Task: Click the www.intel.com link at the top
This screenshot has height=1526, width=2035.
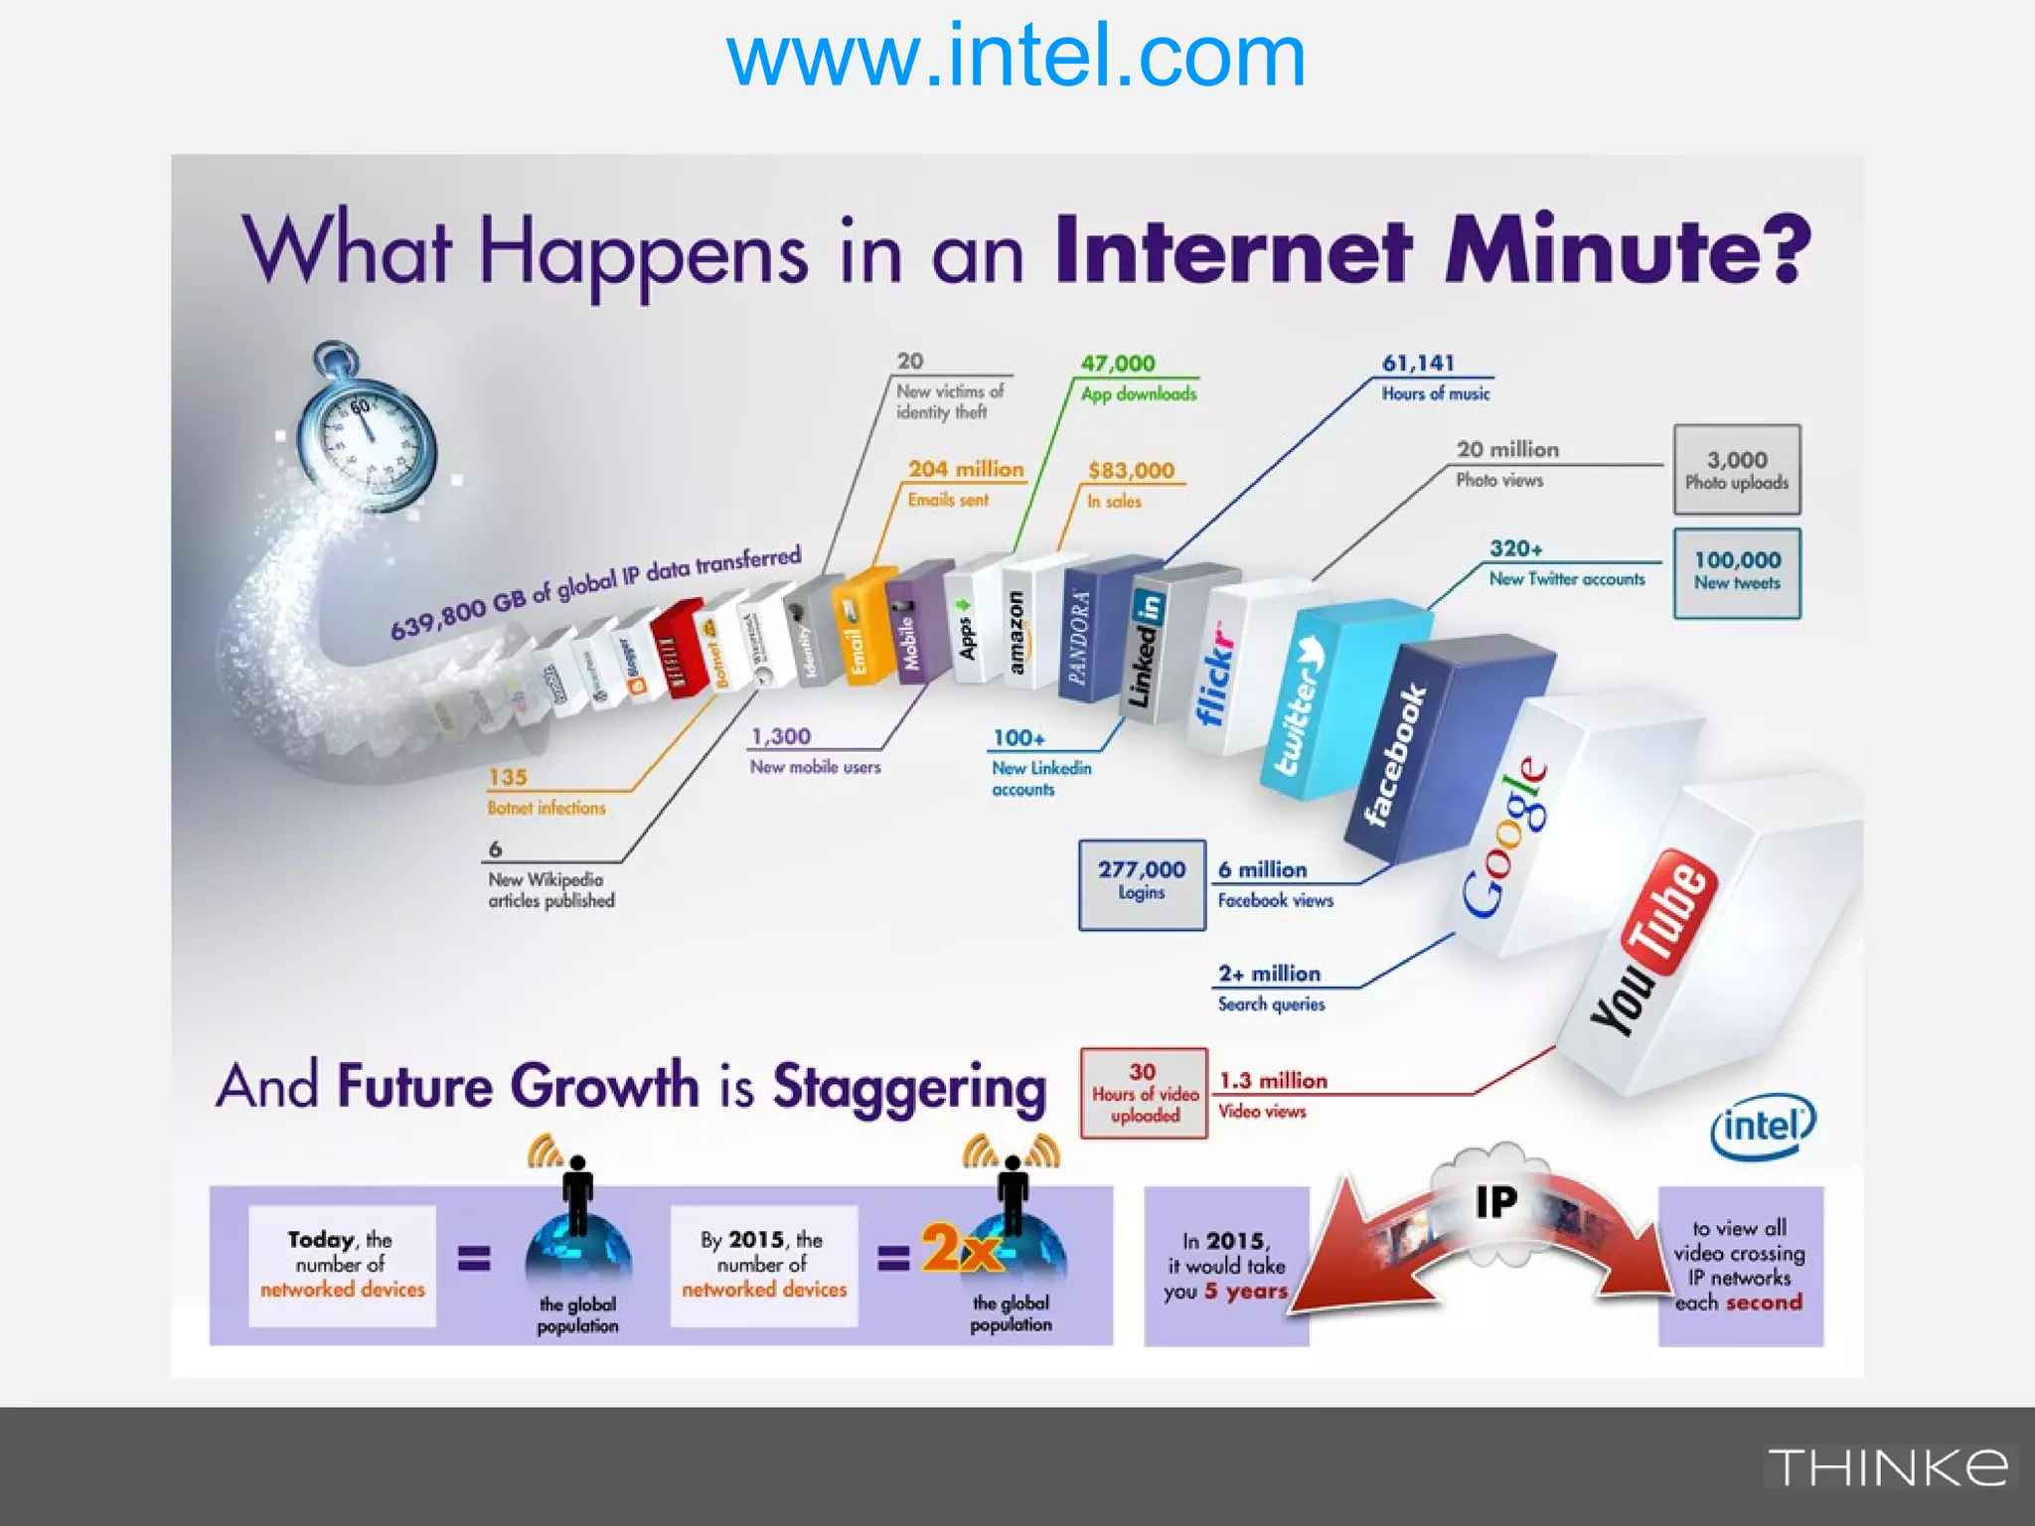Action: pyautogui.click(x=1016, y=58)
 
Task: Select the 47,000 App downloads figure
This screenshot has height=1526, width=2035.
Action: pyautogui.click(x=1118, y=364)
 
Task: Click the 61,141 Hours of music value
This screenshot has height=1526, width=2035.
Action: pyautogui.click(x=1418, y=364)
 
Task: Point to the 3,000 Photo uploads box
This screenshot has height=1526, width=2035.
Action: pyautogui.click(x=1736, y=470)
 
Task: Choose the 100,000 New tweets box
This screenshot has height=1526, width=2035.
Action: pyautogui.click(x=1736, y=572)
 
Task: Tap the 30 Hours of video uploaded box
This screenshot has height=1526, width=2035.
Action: pyautogui.click(x=1144, y=1093)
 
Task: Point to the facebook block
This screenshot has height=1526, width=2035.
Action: pyautogui.click(x=1396, y=755)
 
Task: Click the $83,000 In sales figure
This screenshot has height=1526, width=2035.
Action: pyautogui.click(x=1131, y=471)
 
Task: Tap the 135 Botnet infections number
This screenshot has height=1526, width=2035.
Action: pyautogui.click(x=508, y=778)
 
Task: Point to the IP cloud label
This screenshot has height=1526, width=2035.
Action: pyautogui.click(x=1496, y=1201)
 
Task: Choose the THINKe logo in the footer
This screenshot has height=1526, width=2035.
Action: pyautogui.click(x=1887, y=1467)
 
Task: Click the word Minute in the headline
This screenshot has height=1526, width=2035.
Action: pyautogui.click(x=1628, y=250)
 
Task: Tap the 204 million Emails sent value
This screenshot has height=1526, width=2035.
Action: pyautogui.click(x=965, y=470)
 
